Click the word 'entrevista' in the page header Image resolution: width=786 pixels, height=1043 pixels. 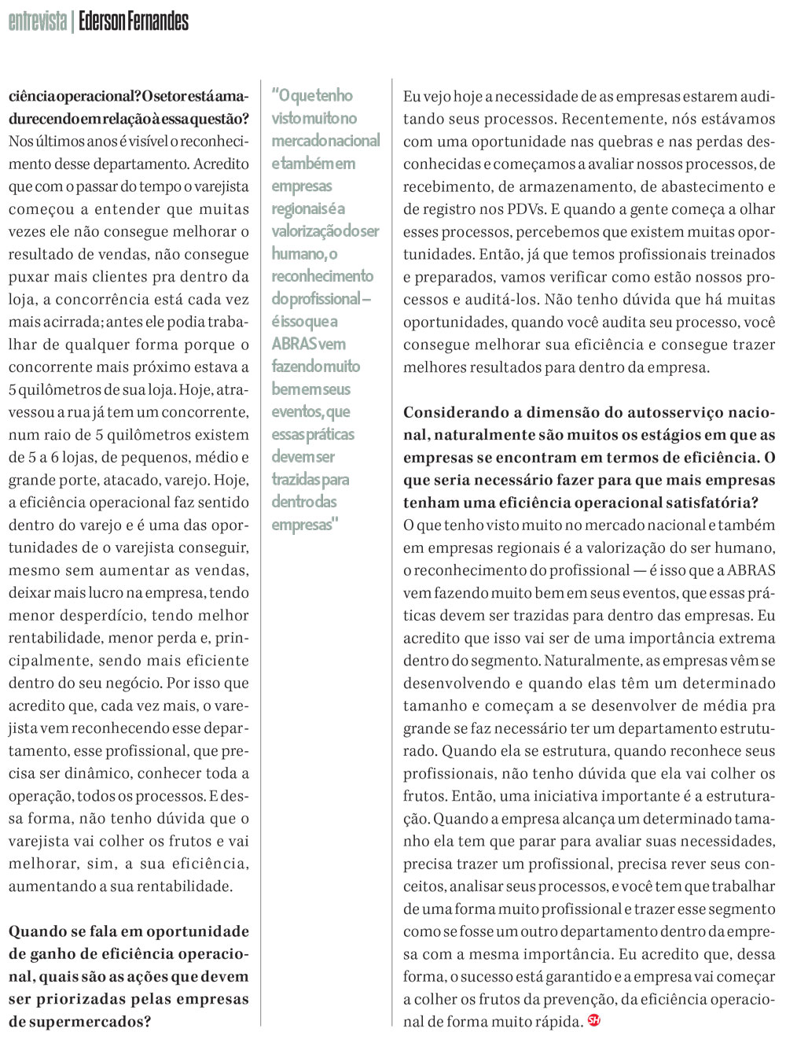(37, 21)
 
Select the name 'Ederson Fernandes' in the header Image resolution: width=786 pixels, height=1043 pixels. (134, 21)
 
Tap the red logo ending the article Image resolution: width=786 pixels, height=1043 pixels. (593, 1021)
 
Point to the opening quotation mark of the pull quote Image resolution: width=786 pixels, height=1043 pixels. (275, 95)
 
